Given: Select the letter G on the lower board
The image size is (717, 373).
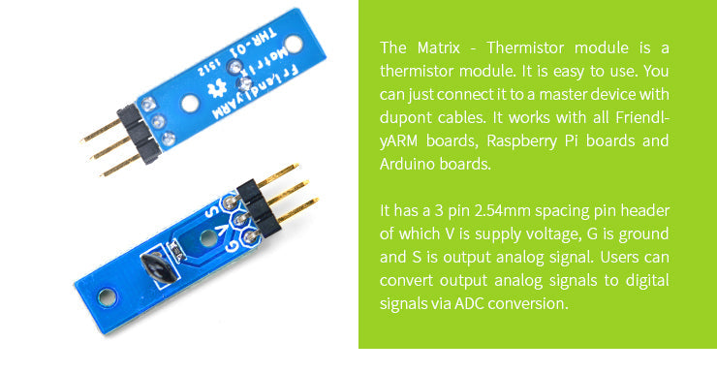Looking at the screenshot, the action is tap(234, 242).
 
